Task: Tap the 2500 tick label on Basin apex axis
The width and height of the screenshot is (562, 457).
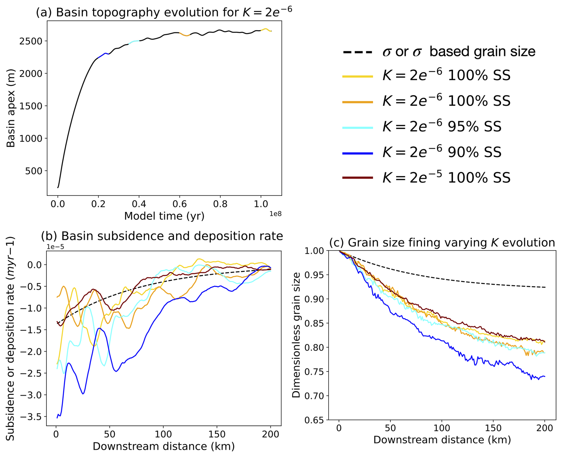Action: (31, 41)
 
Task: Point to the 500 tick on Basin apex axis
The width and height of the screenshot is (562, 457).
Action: (34, 171)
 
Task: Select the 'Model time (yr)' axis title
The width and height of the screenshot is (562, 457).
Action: (164, 216)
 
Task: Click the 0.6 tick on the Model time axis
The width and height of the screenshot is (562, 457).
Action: (180, 204)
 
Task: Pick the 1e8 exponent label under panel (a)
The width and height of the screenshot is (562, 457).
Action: (275, 214)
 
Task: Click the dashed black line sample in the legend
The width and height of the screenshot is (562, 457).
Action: (358, 52)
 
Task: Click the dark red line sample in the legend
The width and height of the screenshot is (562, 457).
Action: (358, 178)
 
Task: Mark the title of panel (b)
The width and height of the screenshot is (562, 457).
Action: (162, 236)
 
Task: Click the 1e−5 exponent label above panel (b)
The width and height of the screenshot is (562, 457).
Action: (55, 247)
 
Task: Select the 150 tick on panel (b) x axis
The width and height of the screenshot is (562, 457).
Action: (217, 434)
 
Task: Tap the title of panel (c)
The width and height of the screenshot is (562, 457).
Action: (442, 243)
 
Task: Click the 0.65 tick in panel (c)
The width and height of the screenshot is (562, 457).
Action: (314, 420)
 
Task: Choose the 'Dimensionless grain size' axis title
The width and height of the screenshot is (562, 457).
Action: (296, 335)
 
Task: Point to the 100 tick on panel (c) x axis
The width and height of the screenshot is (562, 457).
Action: (442, 428)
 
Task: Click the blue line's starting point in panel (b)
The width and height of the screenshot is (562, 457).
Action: (57, 418)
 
